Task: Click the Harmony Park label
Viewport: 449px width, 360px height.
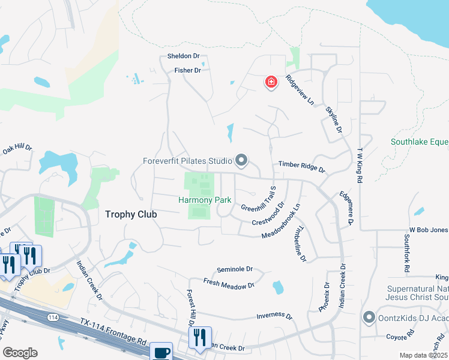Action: pos(203,200)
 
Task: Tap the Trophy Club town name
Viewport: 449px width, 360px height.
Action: pos(131,214)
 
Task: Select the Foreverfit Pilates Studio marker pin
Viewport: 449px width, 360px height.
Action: pos(241,160)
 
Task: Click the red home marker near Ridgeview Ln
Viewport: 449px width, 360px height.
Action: pos(271,82)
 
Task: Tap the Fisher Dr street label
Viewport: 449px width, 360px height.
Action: pos(187,70)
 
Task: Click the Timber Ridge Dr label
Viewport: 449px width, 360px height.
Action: pos(301,167)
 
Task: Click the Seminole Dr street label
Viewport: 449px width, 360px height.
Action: pos(235,269)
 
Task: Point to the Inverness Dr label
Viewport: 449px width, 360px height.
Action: pos(274,316)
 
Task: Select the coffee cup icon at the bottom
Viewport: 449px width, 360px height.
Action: pos(161,352)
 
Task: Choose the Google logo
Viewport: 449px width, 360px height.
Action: pos(20,353)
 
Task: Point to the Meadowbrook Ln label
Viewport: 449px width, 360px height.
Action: pos(280,223)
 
